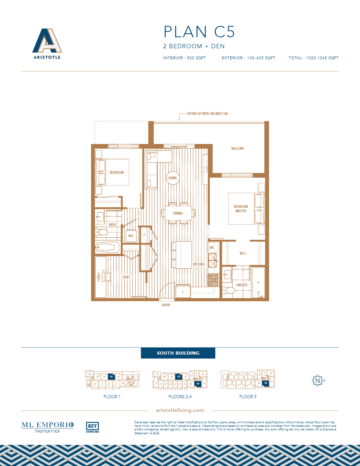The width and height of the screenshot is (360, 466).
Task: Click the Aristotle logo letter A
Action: point(47,40)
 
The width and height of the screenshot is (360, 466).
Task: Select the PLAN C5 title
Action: point(199,32)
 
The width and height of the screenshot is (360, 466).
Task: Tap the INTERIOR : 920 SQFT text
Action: point(184,58)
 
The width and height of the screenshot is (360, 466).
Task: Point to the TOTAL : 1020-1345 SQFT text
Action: point(313,58)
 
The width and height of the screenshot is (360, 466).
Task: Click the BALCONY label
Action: point(237,149)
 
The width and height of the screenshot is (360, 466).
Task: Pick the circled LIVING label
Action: point(173,178)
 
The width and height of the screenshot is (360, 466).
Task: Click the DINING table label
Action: point(178,213)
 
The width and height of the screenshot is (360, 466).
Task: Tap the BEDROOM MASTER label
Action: point(241,209)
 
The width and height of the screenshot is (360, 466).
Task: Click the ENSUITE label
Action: point(242,285)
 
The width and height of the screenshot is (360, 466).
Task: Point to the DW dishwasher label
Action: point(211,248)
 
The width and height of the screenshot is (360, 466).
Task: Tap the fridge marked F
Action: point(183,292)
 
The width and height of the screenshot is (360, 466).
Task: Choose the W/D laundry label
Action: point(131,236)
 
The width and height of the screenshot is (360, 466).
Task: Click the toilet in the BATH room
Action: point(102,233)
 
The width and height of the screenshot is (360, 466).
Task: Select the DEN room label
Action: point(125,277)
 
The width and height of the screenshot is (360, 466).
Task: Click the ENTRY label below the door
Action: point(166,305)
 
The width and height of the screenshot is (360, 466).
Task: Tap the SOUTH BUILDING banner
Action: point(178,353)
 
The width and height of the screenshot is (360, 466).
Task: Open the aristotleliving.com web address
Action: point(180,410)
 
